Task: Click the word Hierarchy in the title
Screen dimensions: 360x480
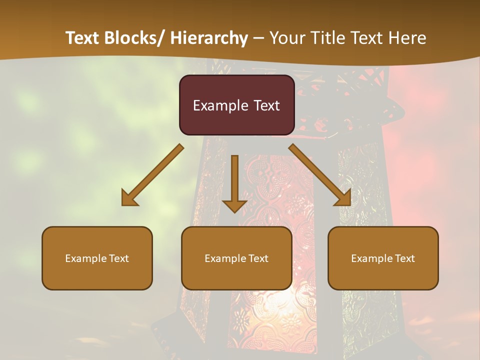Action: click(209, 38)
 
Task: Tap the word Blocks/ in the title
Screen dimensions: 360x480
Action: click(134, 38)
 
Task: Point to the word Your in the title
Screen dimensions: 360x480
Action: click(287, 38)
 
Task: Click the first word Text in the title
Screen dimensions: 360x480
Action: click(82, 38)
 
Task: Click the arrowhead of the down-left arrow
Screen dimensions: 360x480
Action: click(129, 199)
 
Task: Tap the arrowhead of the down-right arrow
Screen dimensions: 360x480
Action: click(343, 199)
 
